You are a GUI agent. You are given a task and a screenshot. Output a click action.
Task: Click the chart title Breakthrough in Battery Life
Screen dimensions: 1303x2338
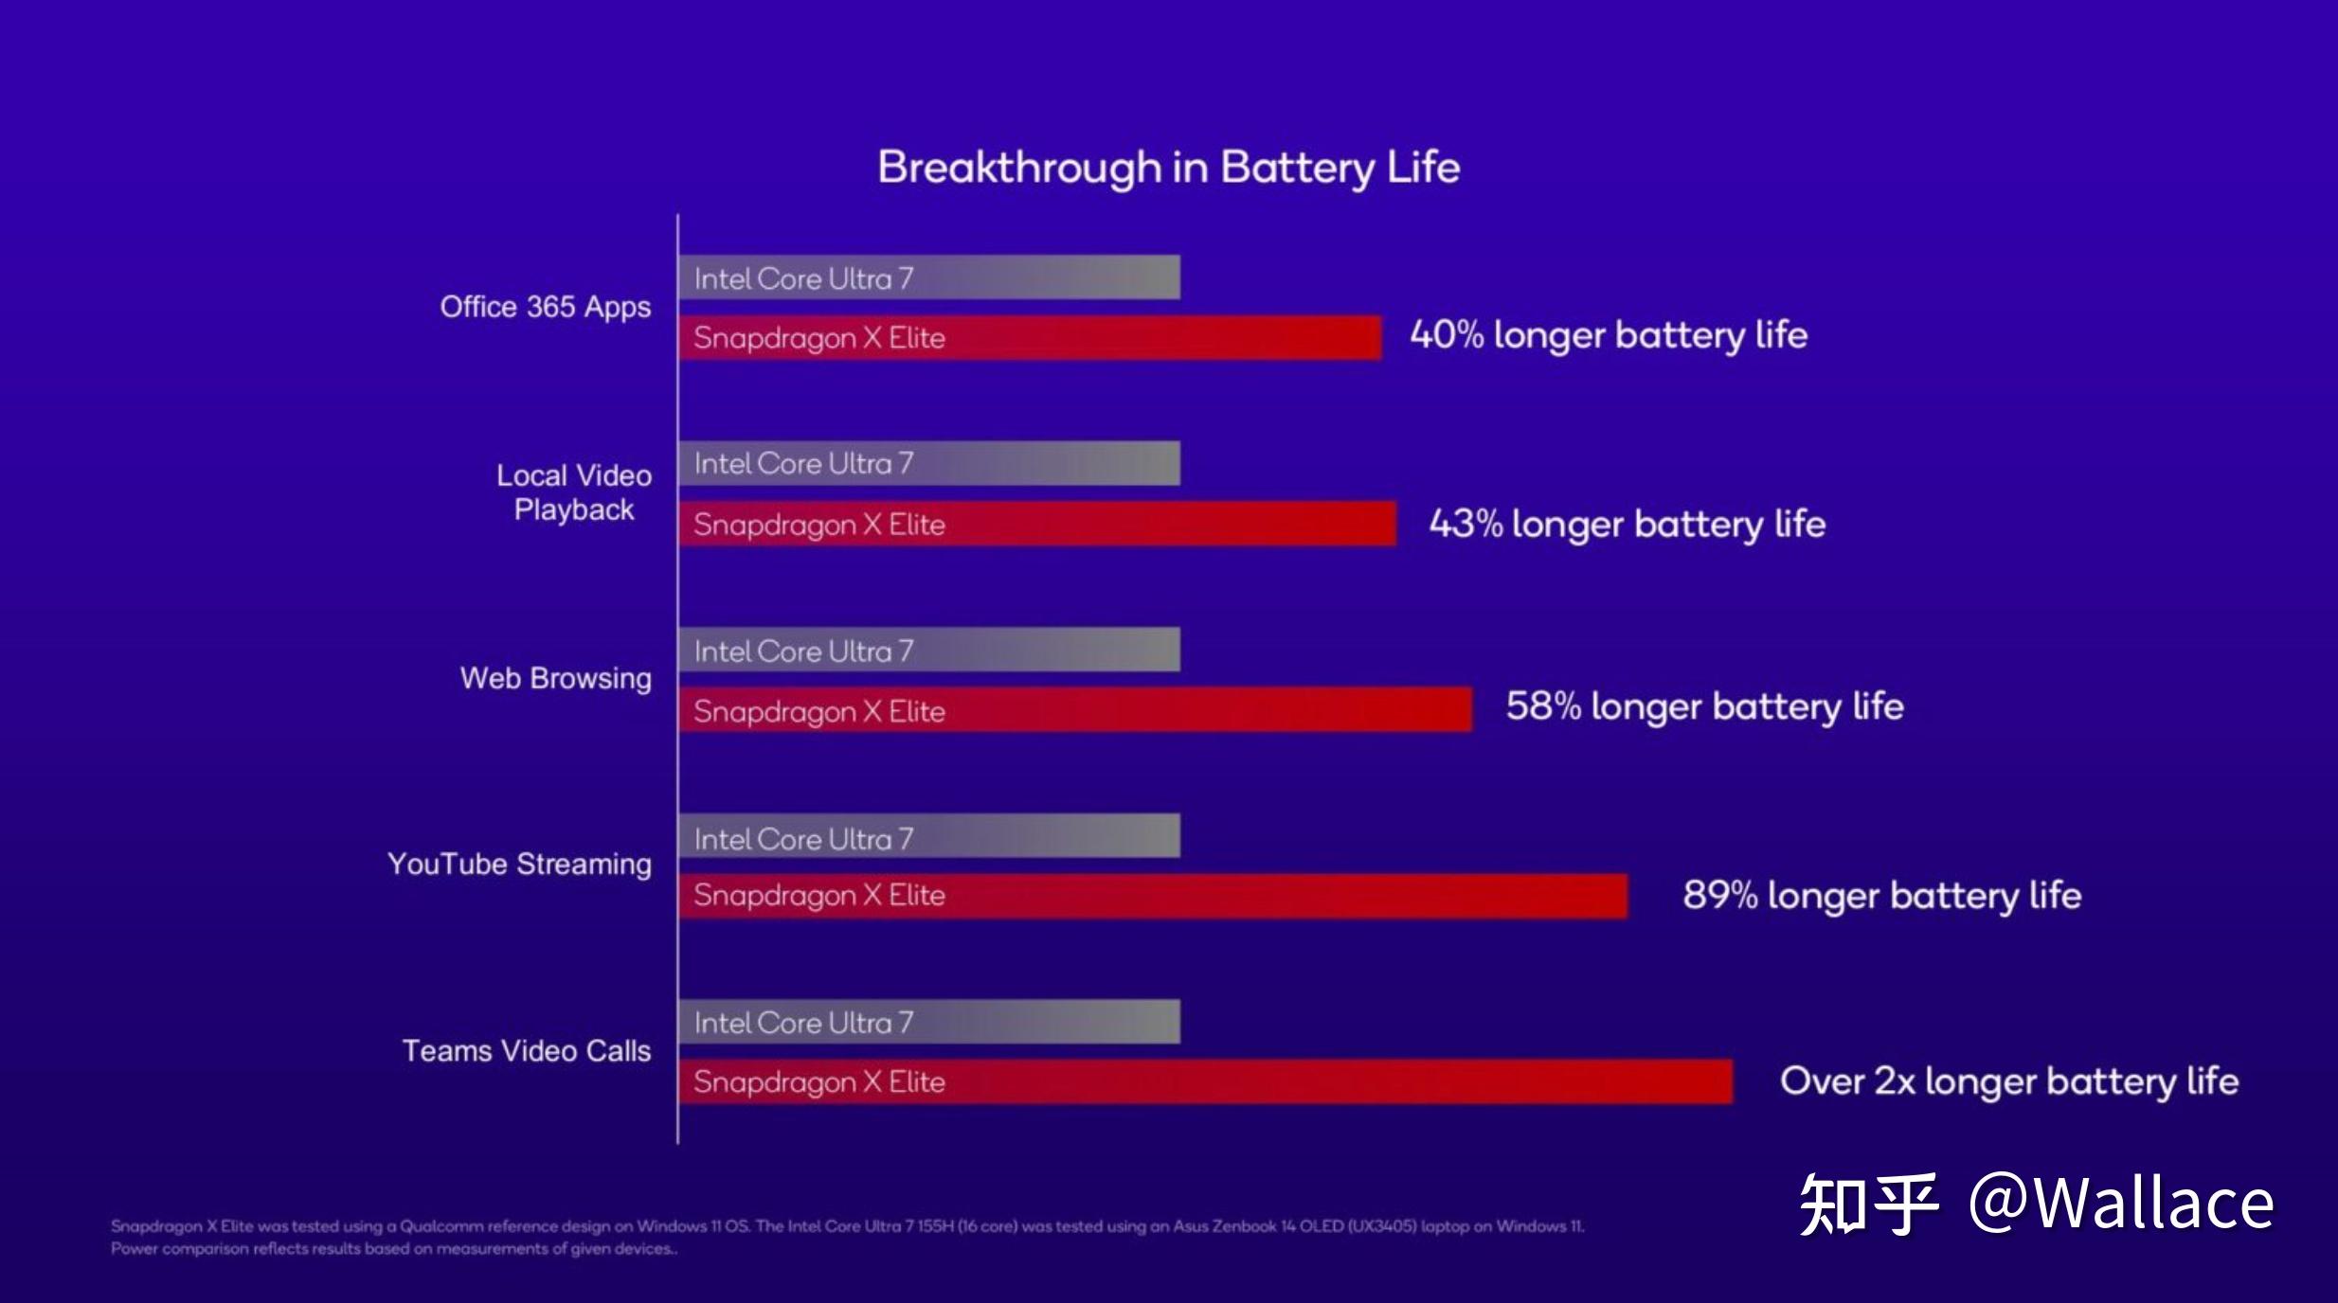coord(1168,168)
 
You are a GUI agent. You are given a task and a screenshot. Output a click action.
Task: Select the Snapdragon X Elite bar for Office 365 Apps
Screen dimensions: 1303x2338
coord(1030,338)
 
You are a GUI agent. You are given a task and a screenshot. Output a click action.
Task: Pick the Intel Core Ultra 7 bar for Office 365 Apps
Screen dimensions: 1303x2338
coord(929,277)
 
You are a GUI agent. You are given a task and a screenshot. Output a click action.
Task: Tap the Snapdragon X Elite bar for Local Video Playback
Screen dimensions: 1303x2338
coord(1037,524)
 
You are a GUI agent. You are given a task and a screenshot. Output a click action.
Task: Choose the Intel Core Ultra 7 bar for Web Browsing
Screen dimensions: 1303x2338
coord(929,651)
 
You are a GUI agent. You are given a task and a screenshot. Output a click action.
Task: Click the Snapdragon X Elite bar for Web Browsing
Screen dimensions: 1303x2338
coord(1075,710)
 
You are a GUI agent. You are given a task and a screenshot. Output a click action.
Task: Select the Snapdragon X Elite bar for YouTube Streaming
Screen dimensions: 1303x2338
coord(1153,896)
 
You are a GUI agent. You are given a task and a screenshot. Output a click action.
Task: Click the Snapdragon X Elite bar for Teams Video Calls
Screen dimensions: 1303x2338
coord(1205,1081)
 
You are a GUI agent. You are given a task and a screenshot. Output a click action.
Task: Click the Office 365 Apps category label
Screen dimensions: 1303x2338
coord(545,307)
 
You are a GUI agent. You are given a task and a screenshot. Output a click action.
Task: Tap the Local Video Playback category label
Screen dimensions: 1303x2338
coord(574,492)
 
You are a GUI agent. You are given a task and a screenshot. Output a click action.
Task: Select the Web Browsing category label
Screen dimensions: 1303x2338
coord(555,678)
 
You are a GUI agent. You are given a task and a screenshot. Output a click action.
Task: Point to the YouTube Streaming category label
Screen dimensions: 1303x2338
coord(519,864)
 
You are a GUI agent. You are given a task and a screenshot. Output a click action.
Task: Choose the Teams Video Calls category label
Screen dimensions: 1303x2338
coord(527,1050)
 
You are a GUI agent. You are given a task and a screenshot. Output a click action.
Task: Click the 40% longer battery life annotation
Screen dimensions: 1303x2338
coord(1608,335)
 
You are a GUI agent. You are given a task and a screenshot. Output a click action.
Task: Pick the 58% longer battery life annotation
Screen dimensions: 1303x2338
coord(1704,706)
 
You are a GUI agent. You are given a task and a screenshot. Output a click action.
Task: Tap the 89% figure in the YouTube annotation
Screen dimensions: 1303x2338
coord(1719,896)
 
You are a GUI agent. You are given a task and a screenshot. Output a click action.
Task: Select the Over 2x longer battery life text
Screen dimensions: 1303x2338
coord(2008,1081)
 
